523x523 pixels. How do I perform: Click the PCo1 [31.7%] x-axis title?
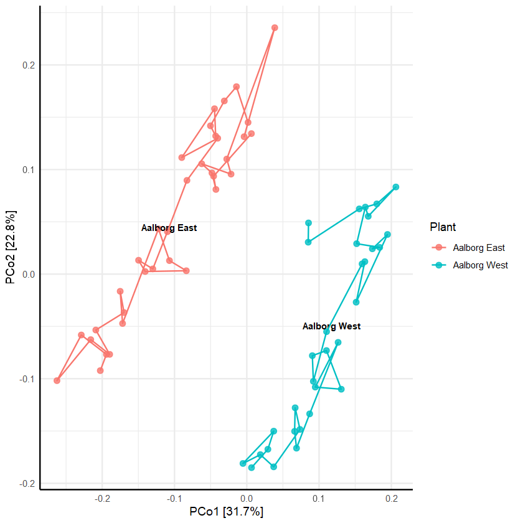[x=226, y=512]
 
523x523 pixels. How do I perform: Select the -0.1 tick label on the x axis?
[x=174, y=498]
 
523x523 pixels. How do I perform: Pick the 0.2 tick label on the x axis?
[x=392, y=498]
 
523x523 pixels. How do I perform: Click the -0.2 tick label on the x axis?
[x=102, y=498]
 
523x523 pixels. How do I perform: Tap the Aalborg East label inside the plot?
[x=169, y=228]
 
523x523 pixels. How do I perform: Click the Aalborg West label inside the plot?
[x=331, y=326]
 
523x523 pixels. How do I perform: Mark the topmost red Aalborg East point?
[x=275, y=28]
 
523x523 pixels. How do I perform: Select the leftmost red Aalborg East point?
[x=57, y=380]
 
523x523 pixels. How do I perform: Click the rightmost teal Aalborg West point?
[x=395, y=187]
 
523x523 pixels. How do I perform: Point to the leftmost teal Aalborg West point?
[x=243, y=464]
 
